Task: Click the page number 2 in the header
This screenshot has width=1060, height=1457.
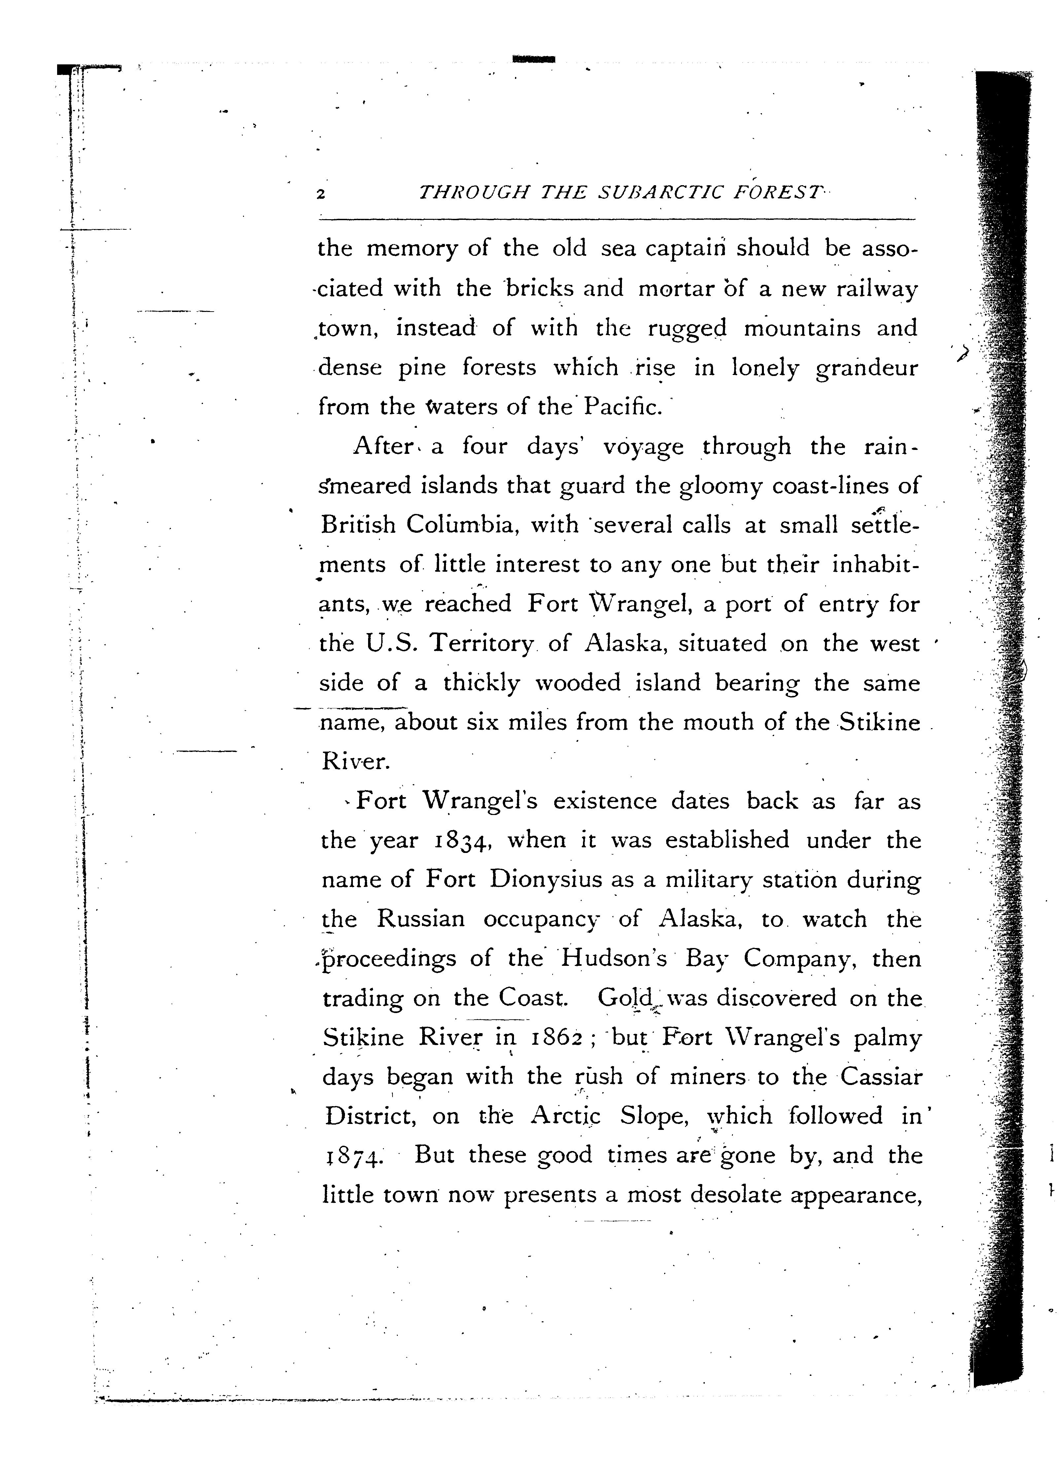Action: click(321, 194)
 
